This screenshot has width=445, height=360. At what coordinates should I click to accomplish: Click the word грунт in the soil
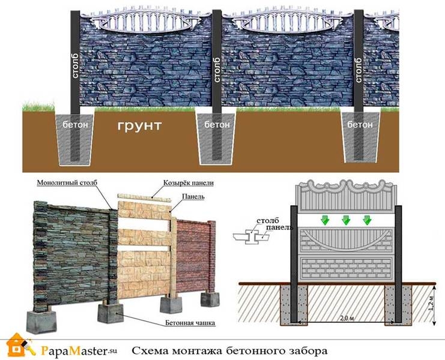point(139,127)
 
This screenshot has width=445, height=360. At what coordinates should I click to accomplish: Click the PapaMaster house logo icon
point(17,346)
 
